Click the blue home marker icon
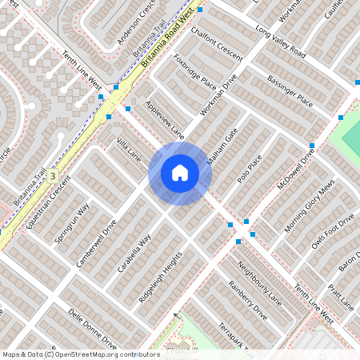pos(180,173)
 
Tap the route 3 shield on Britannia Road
pos(53,175)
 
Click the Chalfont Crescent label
pos(216,42)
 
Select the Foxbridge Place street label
pos(195,73)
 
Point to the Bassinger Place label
pos(290,92)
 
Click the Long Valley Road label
pos(281,41)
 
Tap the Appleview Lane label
pos(165,118)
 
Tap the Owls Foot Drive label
pos(333,232)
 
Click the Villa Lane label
pos(129,149)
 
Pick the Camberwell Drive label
pos(96,243)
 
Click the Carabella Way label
pos(134,254)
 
